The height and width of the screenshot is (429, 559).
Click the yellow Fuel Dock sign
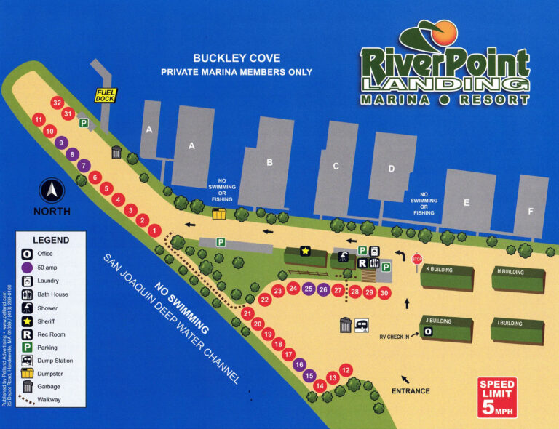tap(107, 95)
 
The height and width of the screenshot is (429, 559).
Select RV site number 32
tap(58, 103)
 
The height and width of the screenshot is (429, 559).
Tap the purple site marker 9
tap(61, 143)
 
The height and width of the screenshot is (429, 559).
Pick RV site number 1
tap(154, 230)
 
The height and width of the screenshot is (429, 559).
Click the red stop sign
tap(417, 259)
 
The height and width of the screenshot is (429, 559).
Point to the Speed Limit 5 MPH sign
tap(497, 398)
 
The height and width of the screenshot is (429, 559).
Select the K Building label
tap(438, 270)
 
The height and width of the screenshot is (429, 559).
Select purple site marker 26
tap(323, 289)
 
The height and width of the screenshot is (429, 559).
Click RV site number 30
tap(385, 292)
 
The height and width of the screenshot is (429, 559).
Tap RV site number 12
tap(346, 369)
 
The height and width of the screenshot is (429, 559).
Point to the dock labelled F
tap(530, 211)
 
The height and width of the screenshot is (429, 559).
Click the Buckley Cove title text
tap(237, 58)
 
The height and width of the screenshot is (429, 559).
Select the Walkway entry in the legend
tap(44, 398)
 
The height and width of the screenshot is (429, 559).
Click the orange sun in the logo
tap(445, 33)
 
